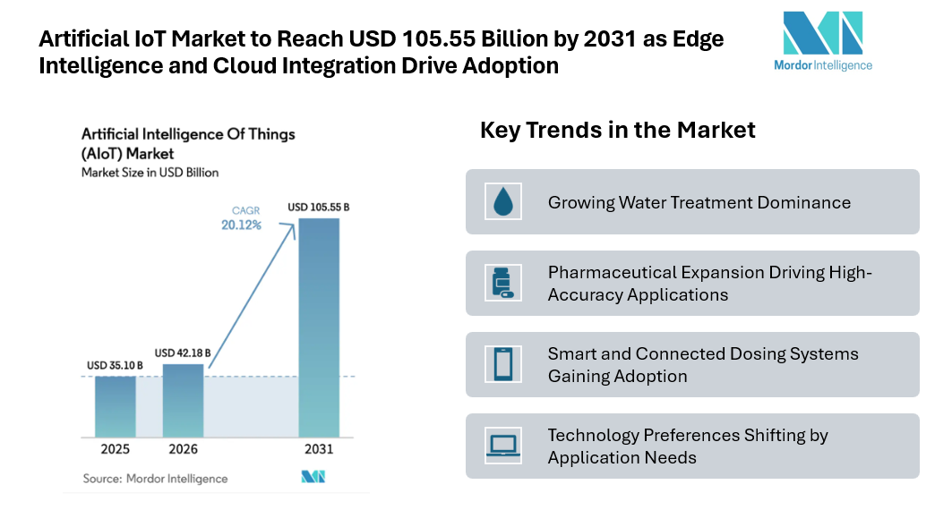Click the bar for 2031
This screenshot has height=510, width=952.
(319, 327)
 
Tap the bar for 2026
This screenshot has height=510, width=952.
(183, 400)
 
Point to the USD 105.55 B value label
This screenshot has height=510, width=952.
(319, 208)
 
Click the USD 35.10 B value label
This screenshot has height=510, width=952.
(116, 365)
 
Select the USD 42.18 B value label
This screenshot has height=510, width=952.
(183, 353)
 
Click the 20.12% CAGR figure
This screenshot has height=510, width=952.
(242, 225)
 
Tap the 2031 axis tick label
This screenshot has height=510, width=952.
(319, 449)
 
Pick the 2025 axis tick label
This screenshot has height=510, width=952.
(116, 449)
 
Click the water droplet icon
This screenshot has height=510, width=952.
(502, 201)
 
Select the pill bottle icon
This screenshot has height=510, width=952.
(502, 283)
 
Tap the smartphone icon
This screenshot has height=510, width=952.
(502, 364)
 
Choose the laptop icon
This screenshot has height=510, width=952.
(502, 445)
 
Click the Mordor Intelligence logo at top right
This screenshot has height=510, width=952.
(822, 41)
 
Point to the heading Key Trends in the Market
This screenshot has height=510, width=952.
(617, 130)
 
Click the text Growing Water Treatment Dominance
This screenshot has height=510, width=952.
(699, 202)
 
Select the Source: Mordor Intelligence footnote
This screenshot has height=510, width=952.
(155, 479)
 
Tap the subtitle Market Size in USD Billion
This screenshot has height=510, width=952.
(150, 173)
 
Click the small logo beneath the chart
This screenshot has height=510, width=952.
(313, 477)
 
